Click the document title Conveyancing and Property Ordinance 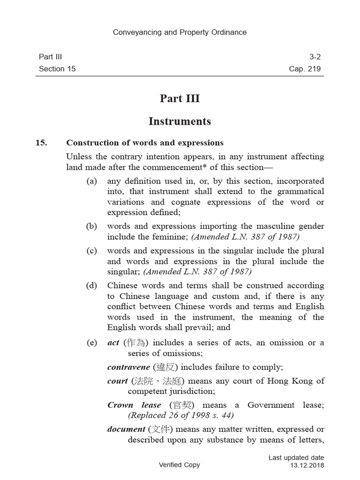point(180,32)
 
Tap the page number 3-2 point(315,57)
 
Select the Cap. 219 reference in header point(305,69)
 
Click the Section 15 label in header point(57,69)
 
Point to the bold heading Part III point(180,98)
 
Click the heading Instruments point(180,121)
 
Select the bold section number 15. point(41,142)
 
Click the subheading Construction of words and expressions point(145,142)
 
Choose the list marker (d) point(91,285)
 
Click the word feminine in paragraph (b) point(171,237)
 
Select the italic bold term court point(117,381)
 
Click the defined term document point(126,429)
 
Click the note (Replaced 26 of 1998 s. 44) point(180,415)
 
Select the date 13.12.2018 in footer point(307,465)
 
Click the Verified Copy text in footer point(180,465)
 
